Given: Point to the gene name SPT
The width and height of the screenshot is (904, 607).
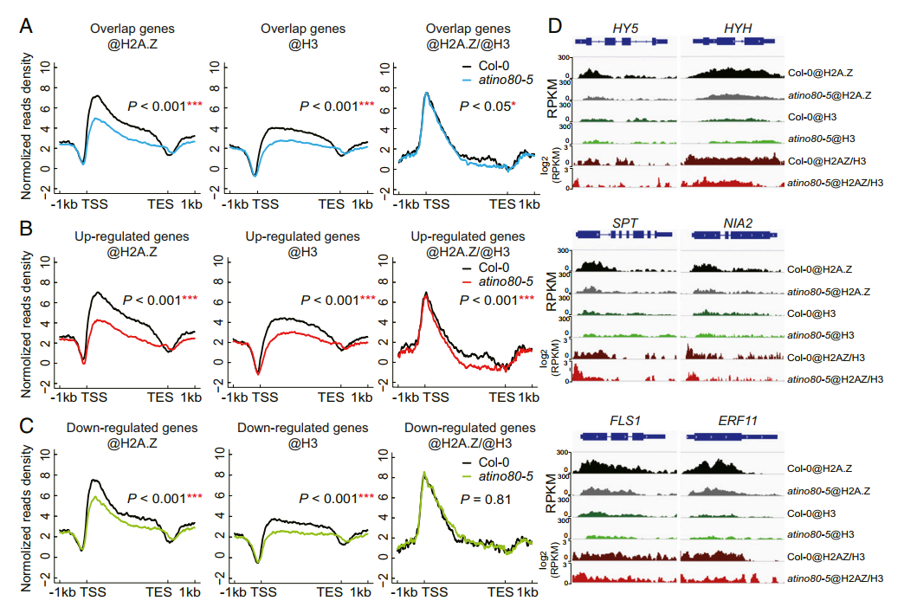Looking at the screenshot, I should point(624,223).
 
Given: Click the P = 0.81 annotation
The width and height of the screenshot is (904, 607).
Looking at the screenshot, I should point(487,500).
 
